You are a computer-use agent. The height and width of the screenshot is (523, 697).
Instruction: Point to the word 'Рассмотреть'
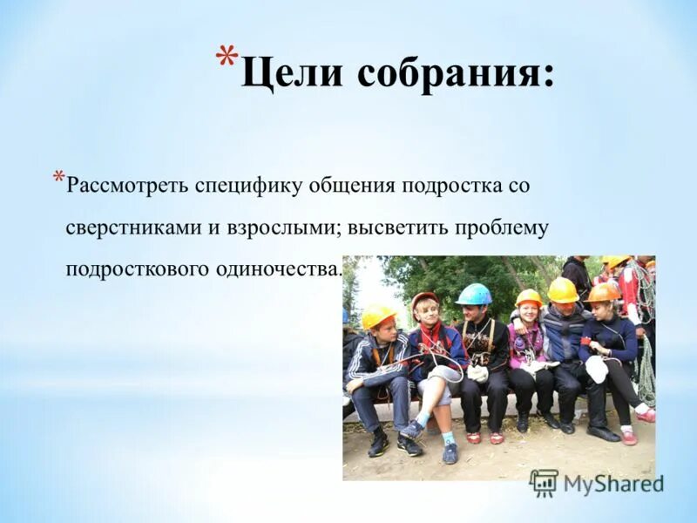[x=131, y=187]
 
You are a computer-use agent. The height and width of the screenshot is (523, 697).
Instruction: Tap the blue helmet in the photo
[x=474, y=295]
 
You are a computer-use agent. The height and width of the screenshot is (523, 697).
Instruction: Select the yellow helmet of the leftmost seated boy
[x=378, y=315]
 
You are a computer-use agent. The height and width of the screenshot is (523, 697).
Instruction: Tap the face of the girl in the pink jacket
[x=529, y=313]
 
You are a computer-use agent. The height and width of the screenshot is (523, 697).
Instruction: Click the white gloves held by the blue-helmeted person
[x=478, y=373]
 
